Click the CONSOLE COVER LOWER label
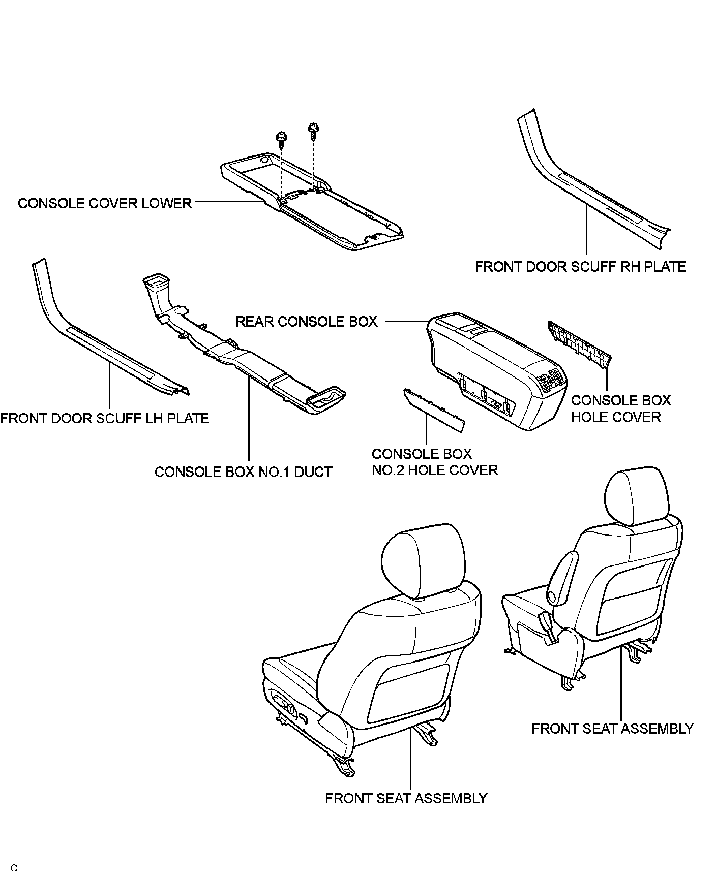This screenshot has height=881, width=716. point(105,203)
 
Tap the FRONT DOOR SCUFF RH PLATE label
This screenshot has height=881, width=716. point(580,267)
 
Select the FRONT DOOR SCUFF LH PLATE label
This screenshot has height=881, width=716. point(105,418)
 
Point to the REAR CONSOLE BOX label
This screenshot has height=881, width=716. point(307,322)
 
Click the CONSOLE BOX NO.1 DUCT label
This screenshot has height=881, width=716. point(243,472)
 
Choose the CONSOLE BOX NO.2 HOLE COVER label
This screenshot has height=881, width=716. point(434,462)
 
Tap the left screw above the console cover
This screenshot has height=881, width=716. point(280,138)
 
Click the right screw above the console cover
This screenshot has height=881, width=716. point(313,129)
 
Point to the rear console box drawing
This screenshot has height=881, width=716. point(488,371)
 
